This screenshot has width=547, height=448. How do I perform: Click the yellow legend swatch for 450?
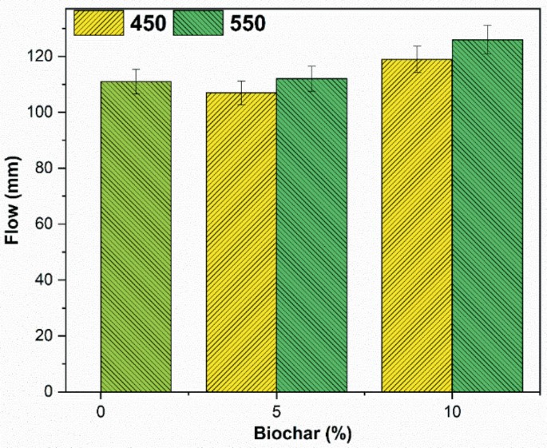(x=99, y=23)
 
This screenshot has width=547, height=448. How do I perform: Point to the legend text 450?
(x=147, y=23)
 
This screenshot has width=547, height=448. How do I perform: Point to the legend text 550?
(x=246, y=23)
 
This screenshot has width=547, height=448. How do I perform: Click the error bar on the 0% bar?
(x=136, y=81)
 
